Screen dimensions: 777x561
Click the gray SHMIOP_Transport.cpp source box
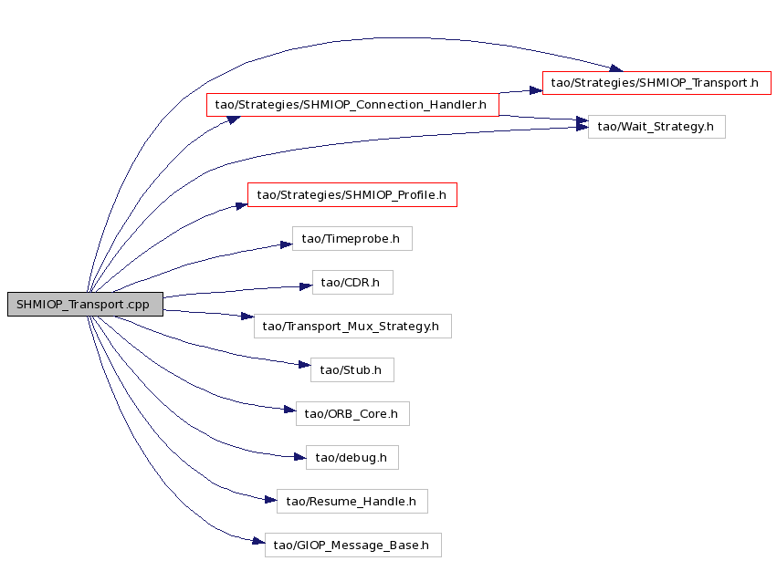pyautogui.click(x=85, y=304)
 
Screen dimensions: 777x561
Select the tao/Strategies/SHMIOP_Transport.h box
pyautogui.click(x=656, y=83)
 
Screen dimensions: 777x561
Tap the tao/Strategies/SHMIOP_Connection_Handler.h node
pyautogui.click(x=352, y=105)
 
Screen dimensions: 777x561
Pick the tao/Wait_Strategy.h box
pyautogui.click(x=656, y=127)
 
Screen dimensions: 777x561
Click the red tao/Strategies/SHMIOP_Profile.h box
pyautogui.click(x=352, y=195)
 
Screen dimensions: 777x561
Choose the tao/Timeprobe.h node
pyautogui.click(x=352, y=239)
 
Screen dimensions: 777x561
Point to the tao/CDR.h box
pyautogui.click(x=352, y=282)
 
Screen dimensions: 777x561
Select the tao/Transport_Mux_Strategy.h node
pyautogui.click(x=352, y=327)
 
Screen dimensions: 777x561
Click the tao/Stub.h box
pyautogui.click(x=352, y=369)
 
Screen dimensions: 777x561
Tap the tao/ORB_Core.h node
pyautogui.click(x=352, y=413)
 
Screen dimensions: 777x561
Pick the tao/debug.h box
pyautogui.click(x=352, y=458)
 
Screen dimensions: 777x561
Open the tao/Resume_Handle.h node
pyautogui.click(x=352, y=501)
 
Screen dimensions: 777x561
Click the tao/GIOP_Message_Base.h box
pyautogui.click(x=352, y=545)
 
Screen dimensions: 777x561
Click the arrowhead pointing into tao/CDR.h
pyautogui.click(x=306, y=286)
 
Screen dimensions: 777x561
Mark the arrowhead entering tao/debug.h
pyautogui.click(x=299, y=457)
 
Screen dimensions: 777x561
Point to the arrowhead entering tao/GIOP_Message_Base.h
pyautogui.click(x=258, y=541)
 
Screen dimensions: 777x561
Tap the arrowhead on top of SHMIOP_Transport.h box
pyautogui.click(x=616, y=68)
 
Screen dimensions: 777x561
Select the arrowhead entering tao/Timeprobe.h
pyautogui.click(x=286, y=244)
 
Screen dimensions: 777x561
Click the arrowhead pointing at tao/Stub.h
pyautogui.click(x=304, y=365)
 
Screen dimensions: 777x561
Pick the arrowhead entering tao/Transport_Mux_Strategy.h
pyautogui.click(x=247, y=316)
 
